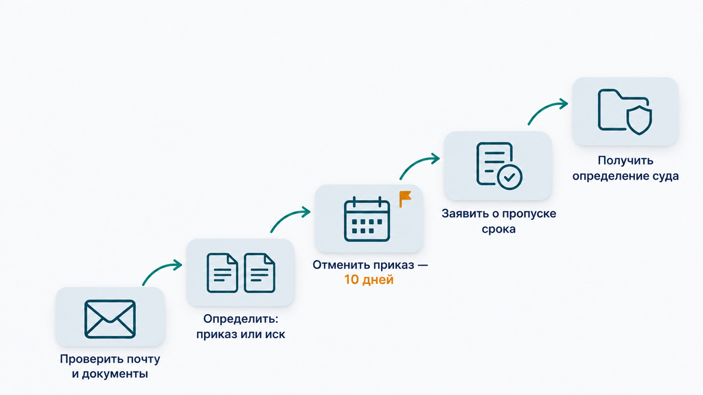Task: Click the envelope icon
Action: [x=110, y=319]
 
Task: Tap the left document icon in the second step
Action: [x=222, y=273]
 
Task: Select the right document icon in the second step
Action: [x=260, y=273]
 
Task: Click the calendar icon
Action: [x=367, y=219]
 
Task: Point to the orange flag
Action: [x=405, y=199]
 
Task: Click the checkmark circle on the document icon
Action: [x=509, y=177]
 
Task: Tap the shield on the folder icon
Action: [x=639, y=120]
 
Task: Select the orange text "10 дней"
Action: [x=369, y=280]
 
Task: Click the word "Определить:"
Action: [x=241, y=320]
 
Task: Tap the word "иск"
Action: [x=275, y=334]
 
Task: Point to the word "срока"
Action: [x=498, y=229]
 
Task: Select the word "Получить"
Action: [x=625, y=160]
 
